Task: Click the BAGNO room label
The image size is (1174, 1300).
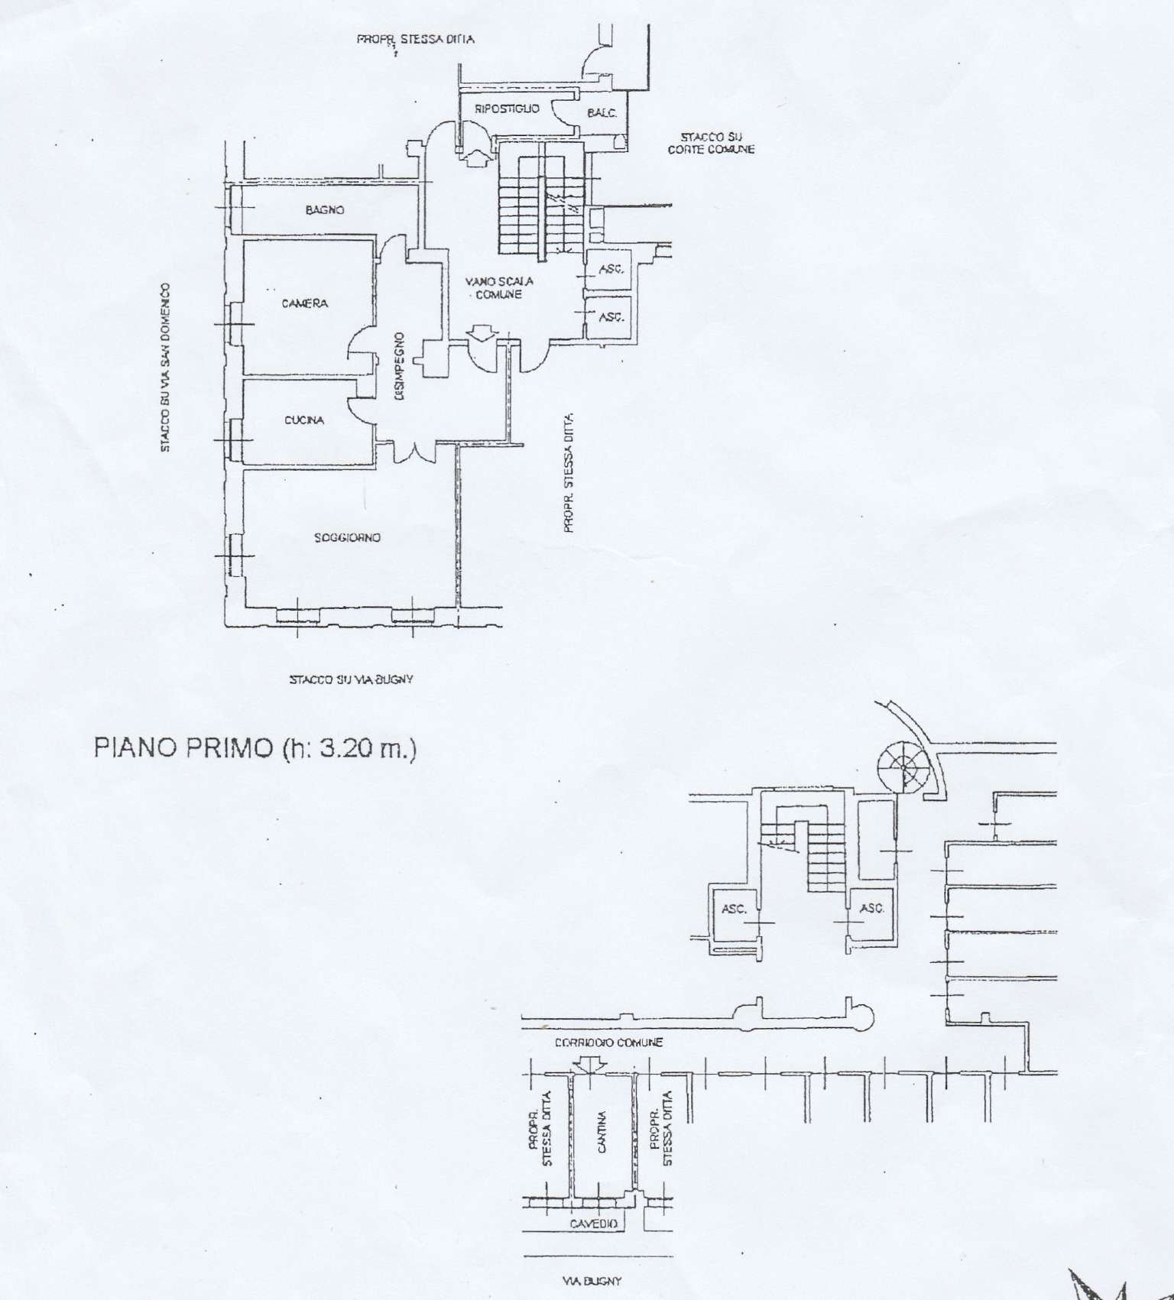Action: pos(325,209)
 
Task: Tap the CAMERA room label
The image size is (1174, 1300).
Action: pos(305,303)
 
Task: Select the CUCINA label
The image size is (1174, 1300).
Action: pos(304,420)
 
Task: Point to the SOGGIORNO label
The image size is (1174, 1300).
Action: pos(347,538)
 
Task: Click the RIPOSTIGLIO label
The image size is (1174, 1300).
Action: pos(507,109)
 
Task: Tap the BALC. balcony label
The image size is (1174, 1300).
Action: pos(602,113)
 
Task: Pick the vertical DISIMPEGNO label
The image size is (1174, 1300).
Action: pos(401,366)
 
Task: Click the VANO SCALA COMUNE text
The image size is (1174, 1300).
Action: pos(499,287)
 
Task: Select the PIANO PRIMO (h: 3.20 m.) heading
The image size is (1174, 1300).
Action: pos(255,747)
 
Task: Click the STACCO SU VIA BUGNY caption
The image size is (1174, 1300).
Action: pos(351,679)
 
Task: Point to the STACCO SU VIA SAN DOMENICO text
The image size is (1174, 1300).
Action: pos(165,368)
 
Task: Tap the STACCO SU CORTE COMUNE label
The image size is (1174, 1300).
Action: pos(711,143)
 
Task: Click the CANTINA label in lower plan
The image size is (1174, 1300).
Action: pos(602,1132)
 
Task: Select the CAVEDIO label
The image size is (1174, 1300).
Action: pos(593,1224)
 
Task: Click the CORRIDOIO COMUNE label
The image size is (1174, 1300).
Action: pos(608,1042)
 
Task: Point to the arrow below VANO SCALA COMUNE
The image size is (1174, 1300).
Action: pos(482,332)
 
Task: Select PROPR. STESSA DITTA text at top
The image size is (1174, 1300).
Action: pos(415,39)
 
